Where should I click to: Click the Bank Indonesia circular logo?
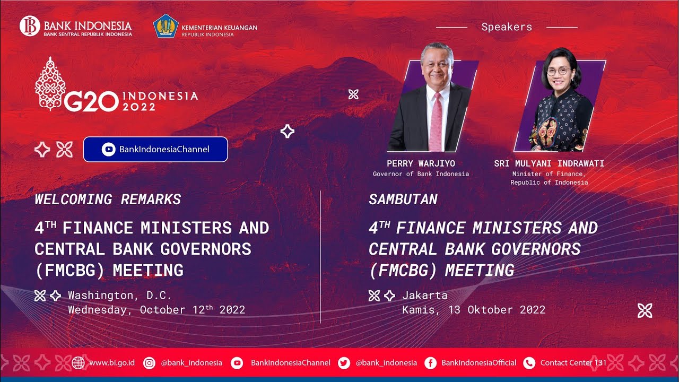30,26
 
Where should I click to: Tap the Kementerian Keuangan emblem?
166,26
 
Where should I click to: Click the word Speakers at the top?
507,27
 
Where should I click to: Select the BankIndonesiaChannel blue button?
155,149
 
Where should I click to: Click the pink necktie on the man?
436,121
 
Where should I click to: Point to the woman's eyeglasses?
559,71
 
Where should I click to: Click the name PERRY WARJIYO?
421,163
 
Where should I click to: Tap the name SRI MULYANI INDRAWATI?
549,163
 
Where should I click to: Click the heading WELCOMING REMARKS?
108,199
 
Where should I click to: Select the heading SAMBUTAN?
403,199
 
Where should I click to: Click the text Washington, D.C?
120,296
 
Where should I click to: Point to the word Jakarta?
425,296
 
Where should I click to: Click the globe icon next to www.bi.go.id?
79,363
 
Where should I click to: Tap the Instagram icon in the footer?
150,363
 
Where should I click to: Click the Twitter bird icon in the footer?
344,363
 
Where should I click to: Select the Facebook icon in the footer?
431,363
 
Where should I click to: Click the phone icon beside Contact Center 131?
529,363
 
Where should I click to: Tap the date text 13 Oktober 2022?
497,310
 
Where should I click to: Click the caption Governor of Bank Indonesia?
421,174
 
